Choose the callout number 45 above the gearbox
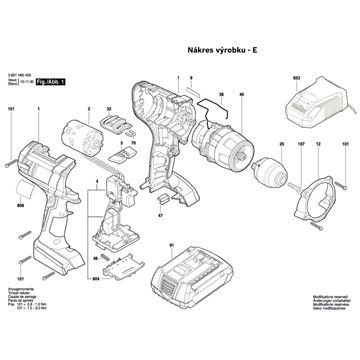click(241, 95)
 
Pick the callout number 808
click(20, 206)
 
